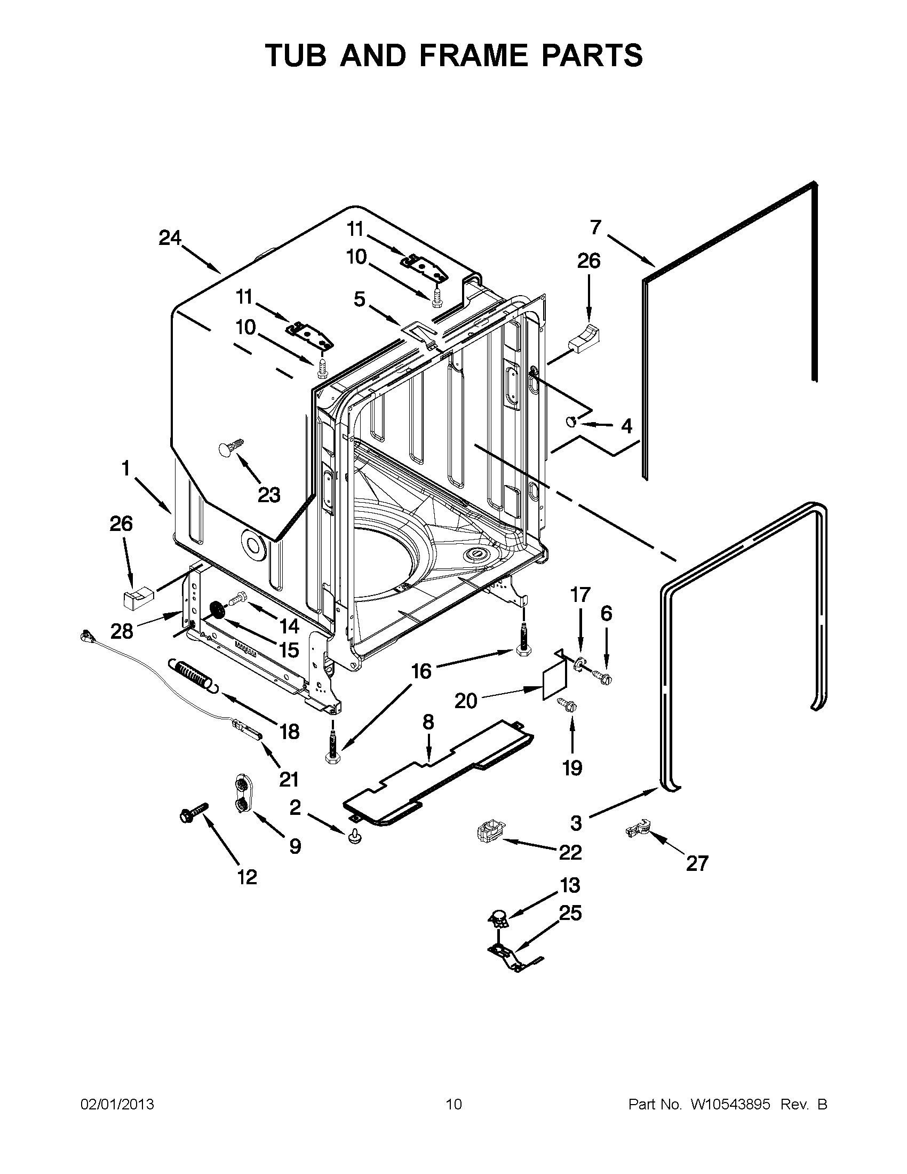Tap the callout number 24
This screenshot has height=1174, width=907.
coord(170,237)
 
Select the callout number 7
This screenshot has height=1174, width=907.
coord(595,227)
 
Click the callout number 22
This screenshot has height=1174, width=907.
coord(570,852)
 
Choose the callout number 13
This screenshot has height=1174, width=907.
coord(570,884)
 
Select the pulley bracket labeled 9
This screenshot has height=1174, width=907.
coord(242,793)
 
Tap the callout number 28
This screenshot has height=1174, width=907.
coord(122,630)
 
